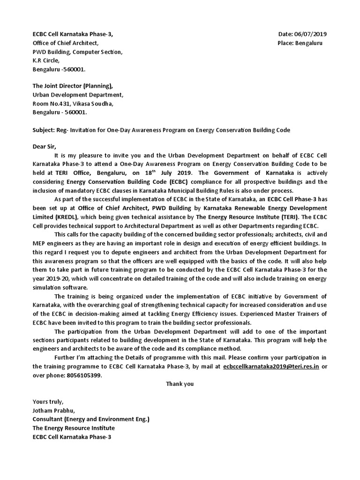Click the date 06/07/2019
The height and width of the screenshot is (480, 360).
tap(311, 34)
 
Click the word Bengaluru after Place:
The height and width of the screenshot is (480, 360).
tap(309, 43)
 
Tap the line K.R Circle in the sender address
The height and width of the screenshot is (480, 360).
tap(46, 60)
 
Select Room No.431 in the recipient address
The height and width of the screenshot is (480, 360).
tap(51, 104)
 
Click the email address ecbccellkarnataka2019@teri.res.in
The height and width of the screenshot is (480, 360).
tap(271, 366)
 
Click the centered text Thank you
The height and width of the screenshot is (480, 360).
tap(180, 384)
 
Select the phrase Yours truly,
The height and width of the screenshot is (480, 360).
tap(47, 401)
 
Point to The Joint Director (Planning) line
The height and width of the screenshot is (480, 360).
tap(72, 86)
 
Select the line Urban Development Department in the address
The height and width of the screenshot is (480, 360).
tap(77, 95)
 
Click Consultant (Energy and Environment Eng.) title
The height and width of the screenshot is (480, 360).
tap(90, 419)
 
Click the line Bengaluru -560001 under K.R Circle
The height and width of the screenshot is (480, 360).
tap(59, 69)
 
